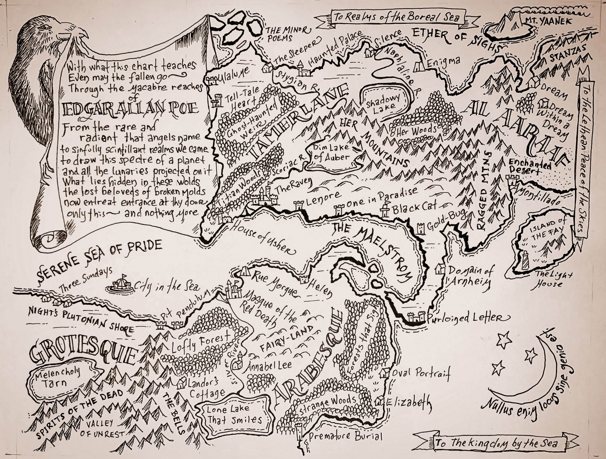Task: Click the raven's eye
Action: (45, 27)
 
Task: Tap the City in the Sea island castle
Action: (121, 284)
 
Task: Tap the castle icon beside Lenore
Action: (298, 205)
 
